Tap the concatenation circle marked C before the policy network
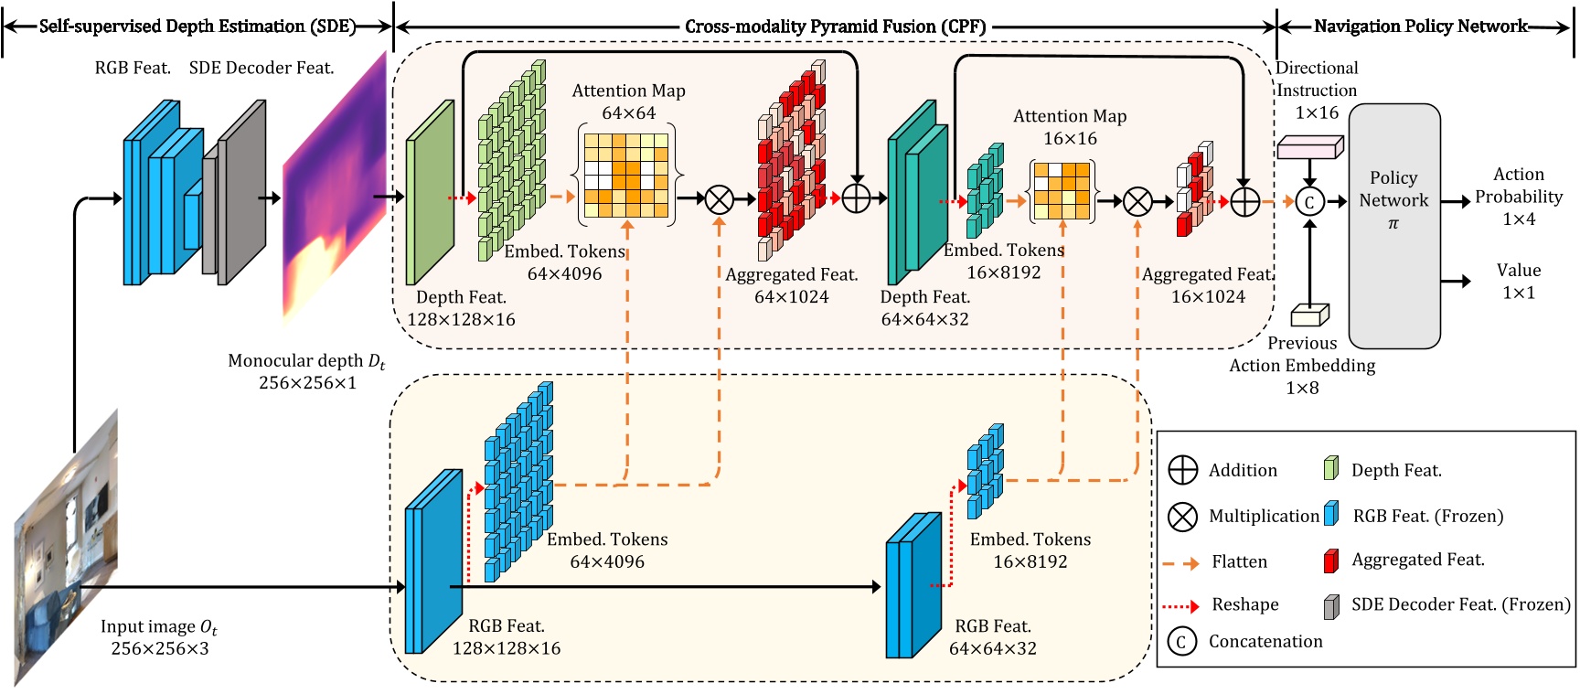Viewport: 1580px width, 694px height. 1309,202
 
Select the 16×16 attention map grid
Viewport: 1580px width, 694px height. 1062,192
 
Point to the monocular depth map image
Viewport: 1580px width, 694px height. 334,187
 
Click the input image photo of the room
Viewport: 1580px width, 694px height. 66,549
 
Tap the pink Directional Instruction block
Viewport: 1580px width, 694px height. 1309,147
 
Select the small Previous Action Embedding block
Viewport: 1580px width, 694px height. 1309,315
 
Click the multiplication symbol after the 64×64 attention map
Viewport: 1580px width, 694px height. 719,198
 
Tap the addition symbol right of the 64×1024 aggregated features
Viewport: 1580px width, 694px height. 856,198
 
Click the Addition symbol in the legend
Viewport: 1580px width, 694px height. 1182,470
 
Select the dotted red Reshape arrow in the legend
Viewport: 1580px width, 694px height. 1180,605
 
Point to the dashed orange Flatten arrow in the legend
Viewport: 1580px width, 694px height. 1180,563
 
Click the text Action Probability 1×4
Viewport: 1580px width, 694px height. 1518,197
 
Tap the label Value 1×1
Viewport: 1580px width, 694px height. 1518,282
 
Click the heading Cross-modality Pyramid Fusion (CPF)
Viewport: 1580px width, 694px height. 835,27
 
